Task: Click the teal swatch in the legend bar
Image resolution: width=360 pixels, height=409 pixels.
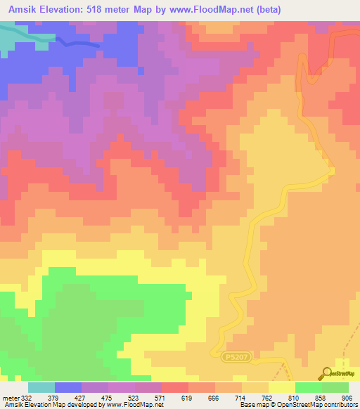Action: pos(41,387)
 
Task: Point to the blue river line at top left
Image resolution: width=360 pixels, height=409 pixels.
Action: pos(77,43)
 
